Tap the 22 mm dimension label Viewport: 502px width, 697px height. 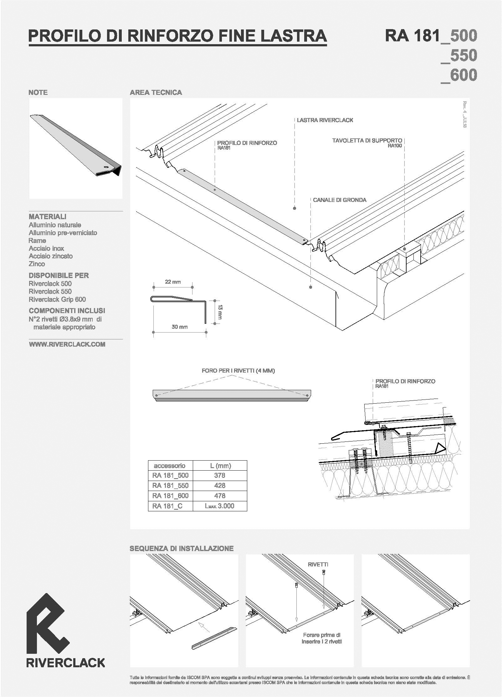tap(173, 282)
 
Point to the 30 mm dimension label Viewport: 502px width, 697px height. tap(180, 327)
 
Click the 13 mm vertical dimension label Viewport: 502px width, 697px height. tap(220, 312)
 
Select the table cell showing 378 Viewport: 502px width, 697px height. tap(220, 475)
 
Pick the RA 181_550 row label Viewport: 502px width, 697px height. tap(170, 486)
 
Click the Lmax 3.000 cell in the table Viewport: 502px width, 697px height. tap(219, 506)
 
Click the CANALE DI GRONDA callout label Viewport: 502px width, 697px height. tap(340, 200)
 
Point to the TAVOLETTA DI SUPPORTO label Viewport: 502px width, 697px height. tap(367, 141)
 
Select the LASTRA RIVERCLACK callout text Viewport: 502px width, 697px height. tap(325, 120)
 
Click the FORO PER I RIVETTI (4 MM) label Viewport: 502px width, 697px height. tap(238, 371)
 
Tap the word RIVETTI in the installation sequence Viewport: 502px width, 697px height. tap(318, 565)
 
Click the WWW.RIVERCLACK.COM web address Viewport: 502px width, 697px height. tap(67, 344)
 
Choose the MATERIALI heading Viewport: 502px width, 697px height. tap(48, 216)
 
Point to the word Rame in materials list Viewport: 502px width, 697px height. tap(37, 240)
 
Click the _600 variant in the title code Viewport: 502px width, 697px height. tap(458, 75)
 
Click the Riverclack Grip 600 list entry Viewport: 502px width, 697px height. tap(57, 299)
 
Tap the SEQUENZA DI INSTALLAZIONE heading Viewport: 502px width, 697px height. tap(182, 549)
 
